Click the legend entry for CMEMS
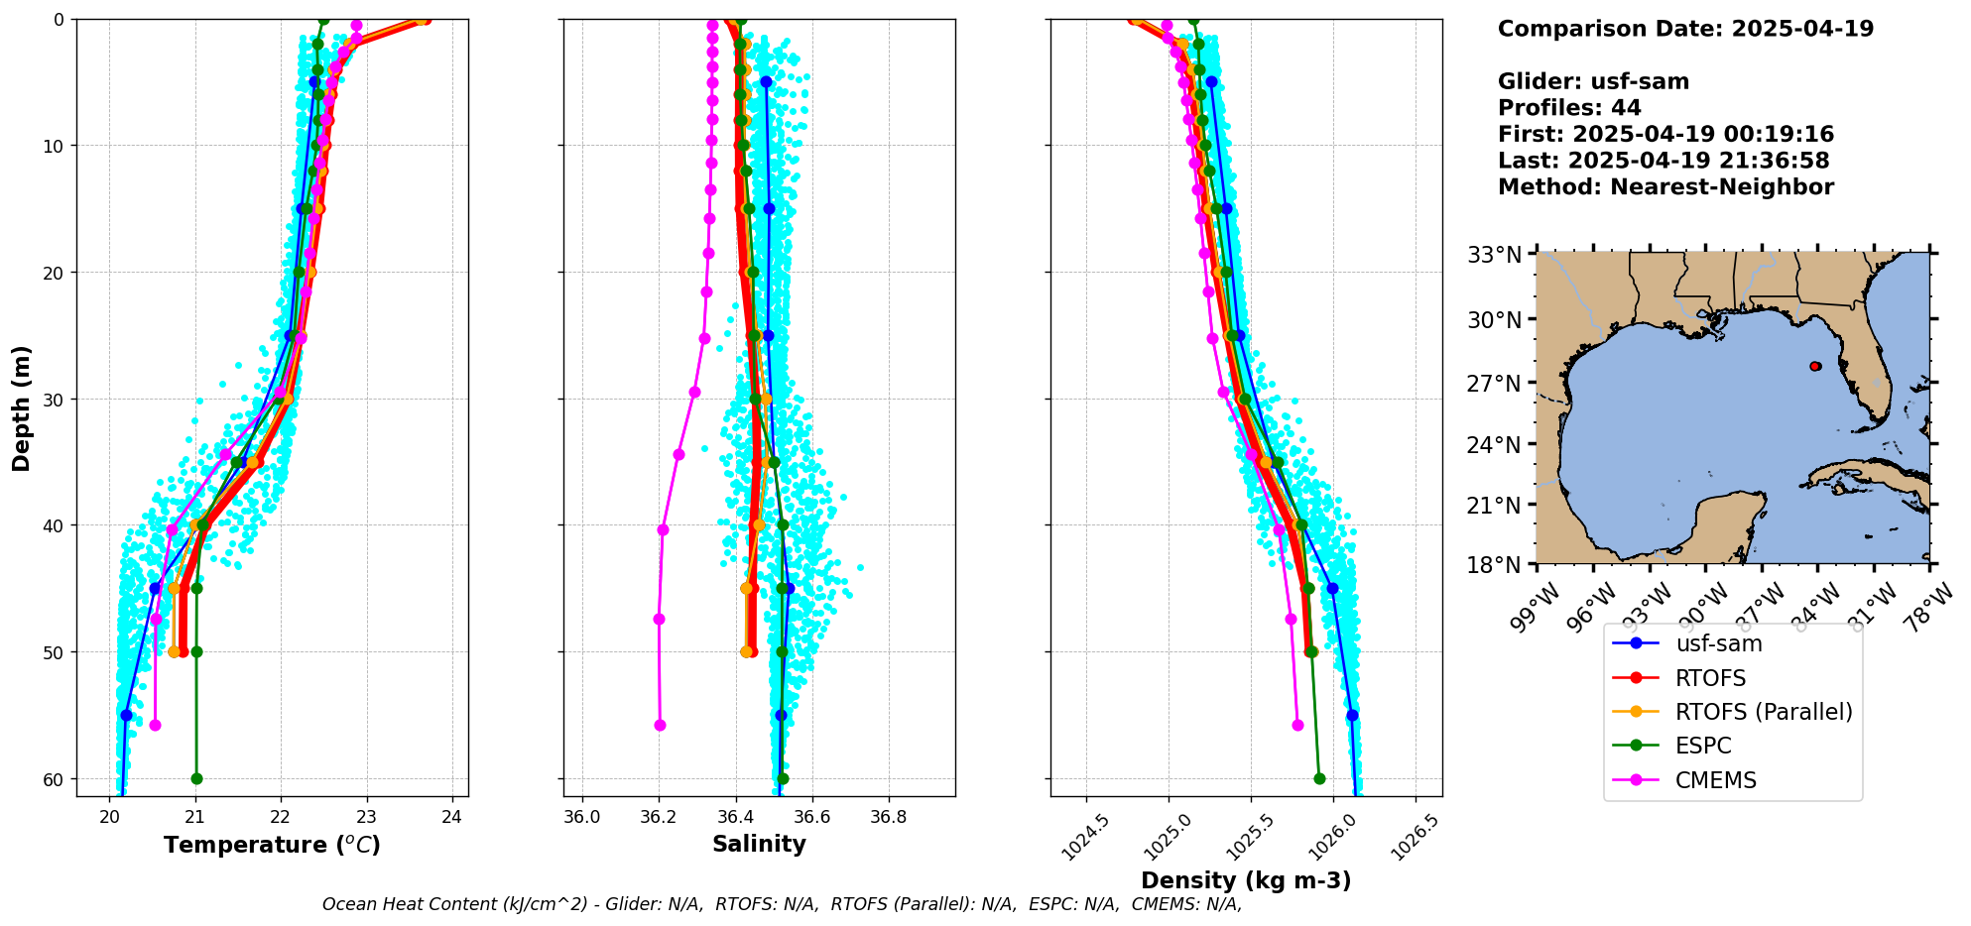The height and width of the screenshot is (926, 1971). (x=1715, y=780)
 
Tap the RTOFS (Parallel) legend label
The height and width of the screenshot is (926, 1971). (x=1763, y=712)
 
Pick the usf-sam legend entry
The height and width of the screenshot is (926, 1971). (x=1718, y=643)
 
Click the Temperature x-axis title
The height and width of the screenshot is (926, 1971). (x=272, y=845)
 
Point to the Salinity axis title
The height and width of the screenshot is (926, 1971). (x=759, y=844)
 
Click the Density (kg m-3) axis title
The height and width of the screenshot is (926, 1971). (x=1246, y=880)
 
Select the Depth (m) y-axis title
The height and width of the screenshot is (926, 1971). (x=22, y=408)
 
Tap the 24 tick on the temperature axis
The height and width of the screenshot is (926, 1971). (x=452, y=817)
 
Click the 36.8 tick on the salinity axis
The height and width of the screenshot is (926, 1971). (x=888, y=817)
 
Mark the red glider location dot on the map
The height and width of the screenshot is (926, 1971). (x=1815, y=366)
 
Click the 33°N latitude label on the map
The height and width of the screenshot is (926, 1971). (x=1494, y=256)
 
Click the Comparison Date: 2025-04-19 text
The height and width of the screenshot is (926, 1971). (x=1685, y=29)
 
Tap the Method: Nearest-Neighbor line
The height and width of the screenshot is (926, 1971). (x=1665, y=187)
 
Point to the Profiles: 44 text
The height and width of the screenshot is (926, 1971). (x=1569, y=108)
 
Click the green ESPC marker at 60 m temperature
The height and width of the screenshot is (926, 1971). (x=196, y=778)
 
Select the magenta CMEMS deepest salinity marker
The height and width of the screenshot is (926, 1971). (x=660, y=726)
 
